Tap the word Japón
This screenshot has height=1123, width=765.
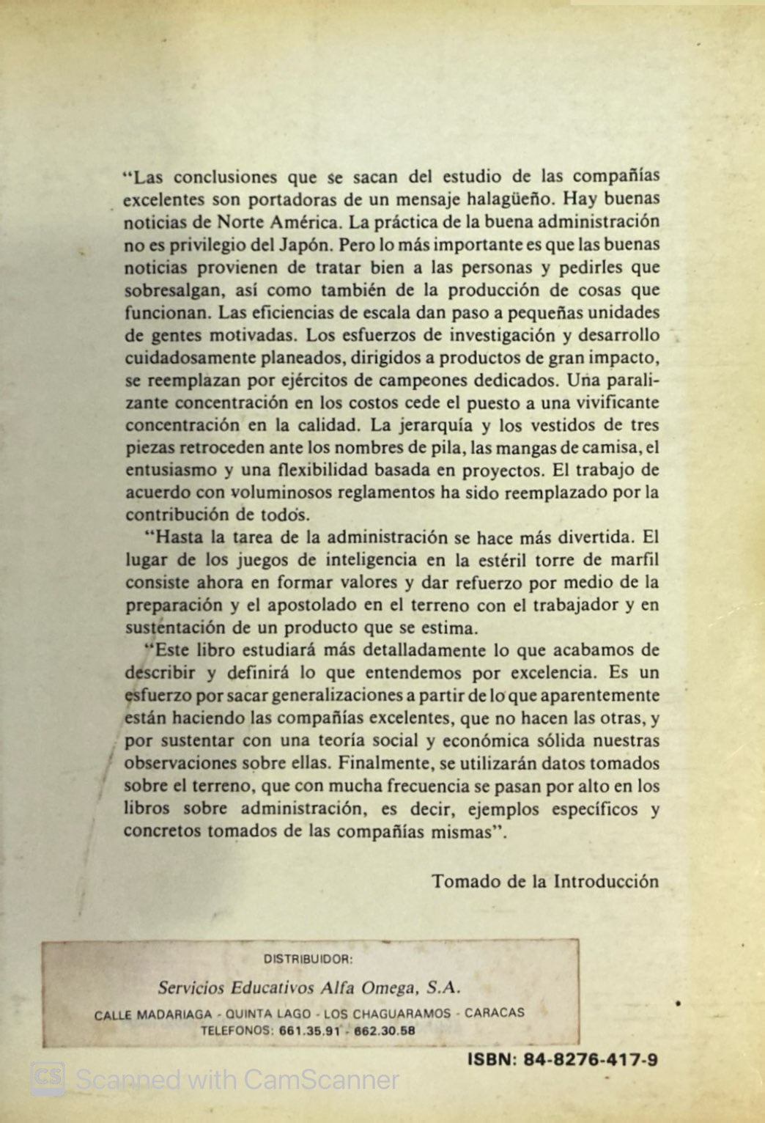[300, 245]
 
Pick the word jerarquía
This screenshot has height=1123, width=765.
[429, 425]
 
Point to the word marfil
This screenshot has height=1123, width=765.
[635, 560]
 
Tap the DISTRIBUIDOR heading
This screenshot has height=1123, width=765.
[308, 958]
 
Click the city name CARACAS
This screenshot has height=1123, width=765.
[495, 1013]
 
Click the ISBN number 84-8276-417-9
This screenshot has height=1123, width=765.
[591, 1059]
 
